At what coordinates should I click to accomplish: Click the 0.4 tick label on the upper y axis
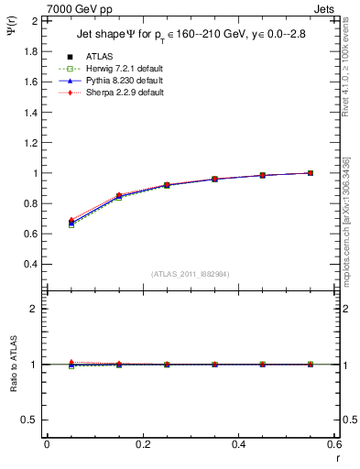point(31,264)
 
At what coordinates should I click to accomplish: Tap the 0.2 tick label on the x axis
point(142,443)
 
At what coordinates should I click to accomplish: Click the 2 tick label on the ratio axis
point(35,309)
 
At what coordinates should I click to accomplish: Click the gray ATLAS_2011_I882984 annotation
point(190,273)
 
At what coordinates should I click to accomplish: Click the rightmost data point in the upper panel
point(311,173)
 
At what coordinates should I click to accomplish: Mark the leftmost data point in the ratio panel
point(71,364)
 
